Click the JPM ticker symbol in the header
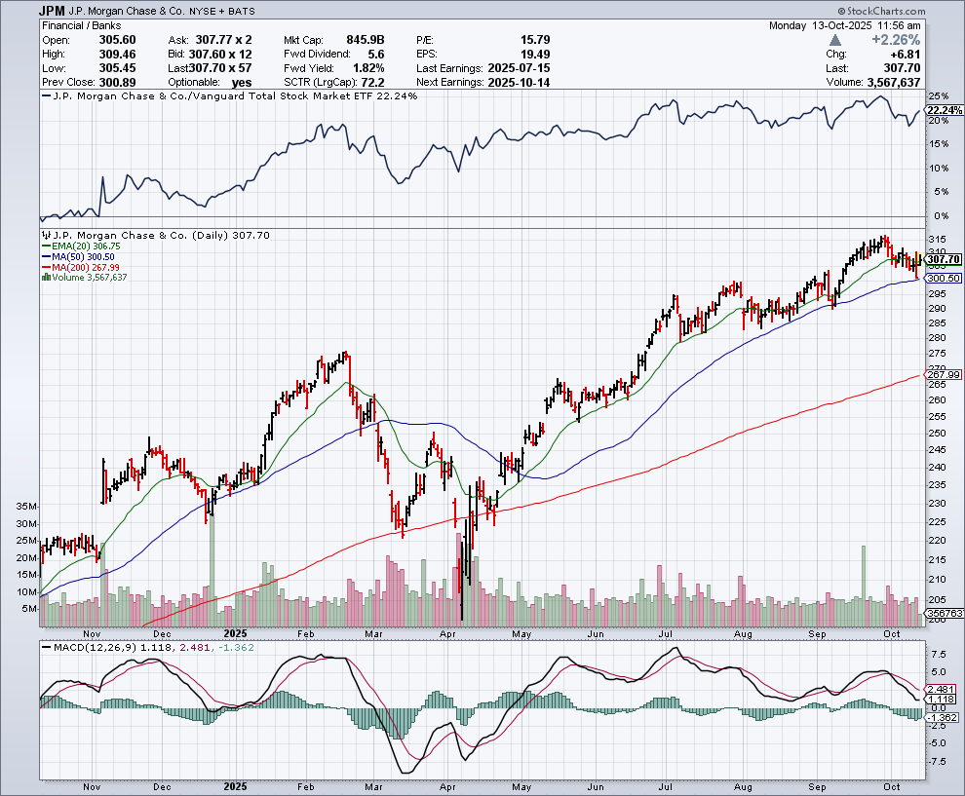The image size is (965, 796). pyautogui.click(x=54, y=10)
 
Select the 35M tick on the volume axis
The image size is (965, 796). pyautogui.click(x=26, y=508)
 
